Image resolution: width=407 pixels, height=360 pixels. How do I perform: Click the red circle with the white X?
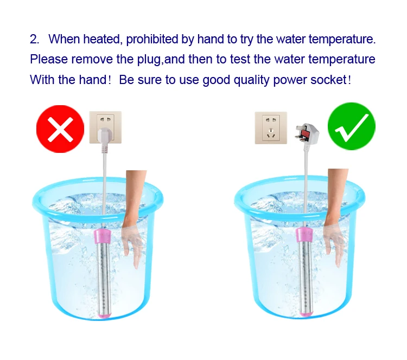tap(60, 128)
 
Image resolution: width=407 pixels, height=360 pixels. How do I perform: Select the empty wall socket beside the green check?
tap(271, 127)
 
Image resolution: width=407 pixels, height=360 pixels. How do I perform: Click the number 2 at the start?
tap(34, 40)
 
